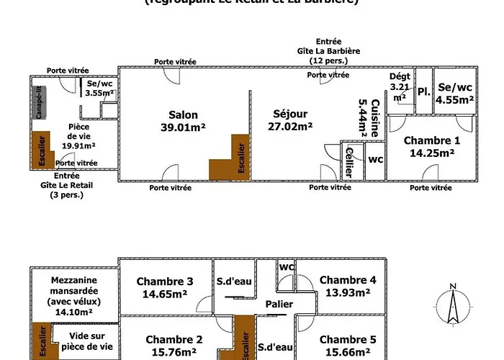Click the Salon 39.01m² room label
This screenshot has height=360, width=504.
(183, 121)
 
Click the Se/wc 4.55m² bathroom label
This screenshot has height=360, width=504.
(455, 93)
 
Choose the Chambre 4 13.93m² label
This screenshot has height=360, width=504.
(348, 286)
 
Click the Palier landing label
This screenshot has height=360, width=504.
(278, 305)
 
